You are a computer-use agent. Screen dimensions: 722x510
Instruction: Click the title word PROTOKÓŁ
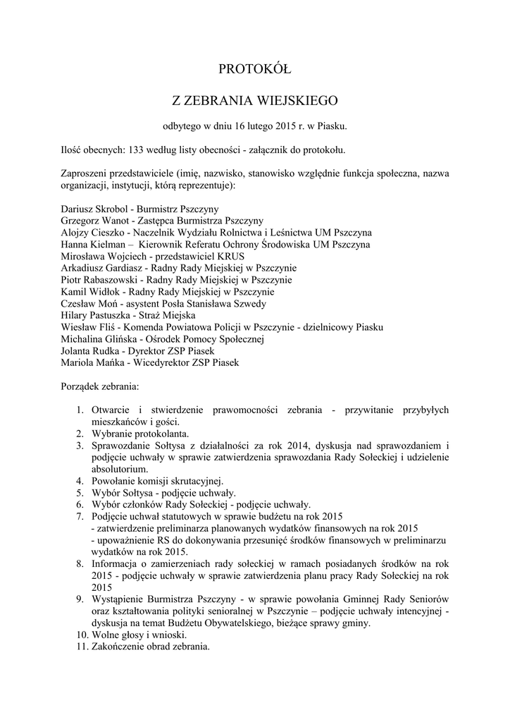(254, 69)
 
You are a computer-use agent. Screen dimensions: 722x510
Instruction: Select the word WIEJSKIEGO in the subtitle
(299, 100)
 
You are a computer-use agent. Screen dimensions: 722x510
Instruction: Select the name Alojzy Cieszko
(88, 232)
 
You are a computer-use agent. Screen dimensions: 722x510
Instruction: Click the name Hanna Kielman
(89, 244)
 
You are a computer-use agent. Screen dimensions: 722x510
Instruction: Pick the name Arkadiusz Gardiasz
(99, 268)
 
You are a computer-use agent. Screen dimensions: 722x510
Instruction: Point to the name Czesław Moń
(85, 303)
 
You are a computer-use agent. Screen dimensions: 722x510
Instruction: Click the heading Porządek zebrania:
(100, 386)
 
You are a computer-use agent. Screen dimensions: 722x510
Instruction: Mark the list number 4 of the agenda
(80, 481)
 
